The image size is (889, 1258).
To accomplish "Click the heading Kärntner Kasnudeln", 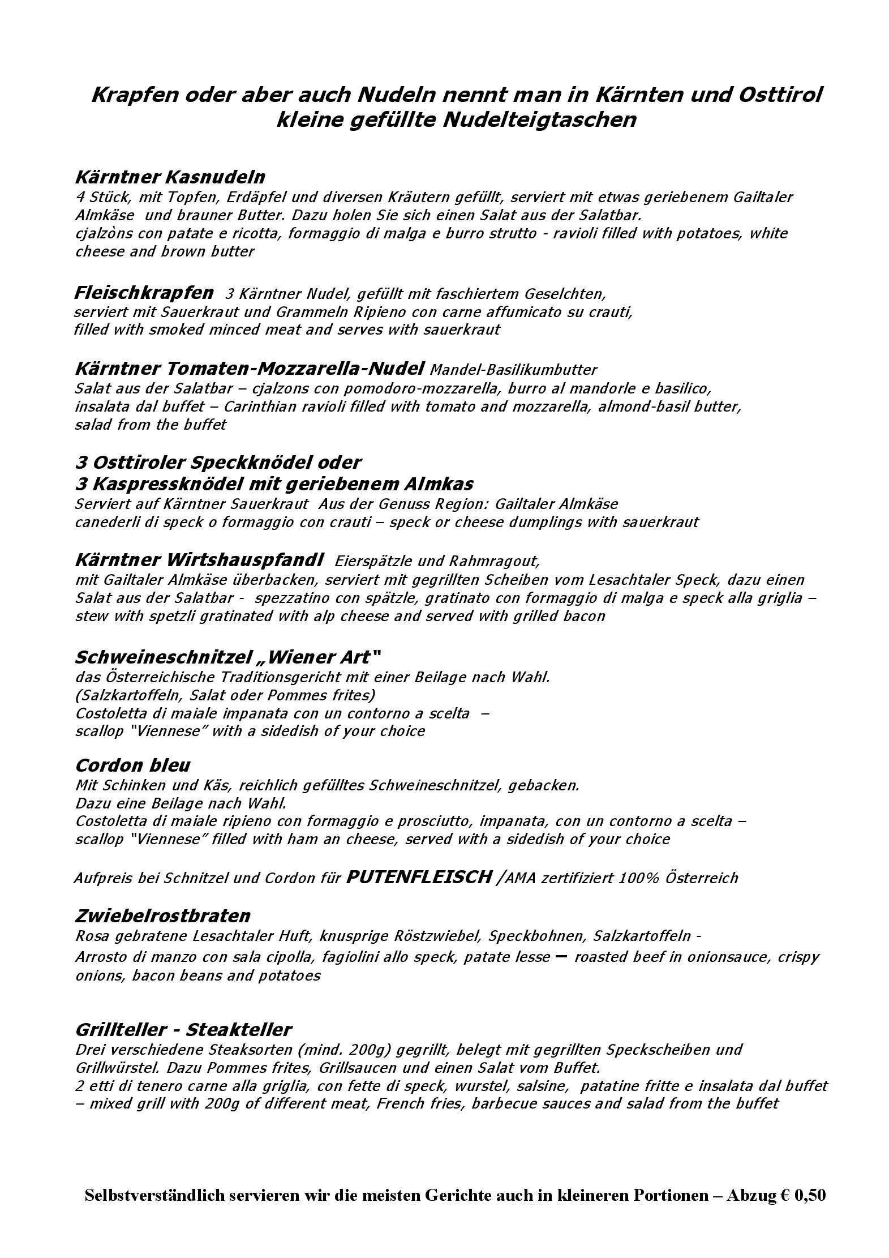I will pos(170,177).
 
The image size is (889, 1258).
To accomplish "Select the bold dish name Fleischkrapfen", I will pos(144,293).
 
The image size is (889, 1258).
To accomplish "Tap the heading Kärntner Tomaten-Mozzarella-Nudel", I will pos(249,369).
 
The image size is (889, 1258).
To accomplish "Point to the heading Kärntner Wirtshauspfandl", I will pos(199,560).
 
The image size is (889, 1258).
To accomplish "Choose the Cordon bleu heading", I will pos(132,765).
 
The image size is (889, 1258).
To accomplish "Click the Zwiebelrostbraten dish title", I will pos(162,915).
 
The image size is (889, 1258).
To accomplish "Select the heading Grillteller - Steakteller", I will pos(183,1029).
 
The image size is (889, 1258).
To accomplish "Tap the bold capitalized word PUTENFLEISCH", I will pos(418,877).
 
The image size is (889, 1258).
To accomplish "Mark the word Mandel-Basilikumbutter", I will pos(513,370).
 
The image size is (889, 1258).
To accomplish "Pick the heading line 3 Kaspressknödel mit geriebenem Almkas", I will pos(274,483).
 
